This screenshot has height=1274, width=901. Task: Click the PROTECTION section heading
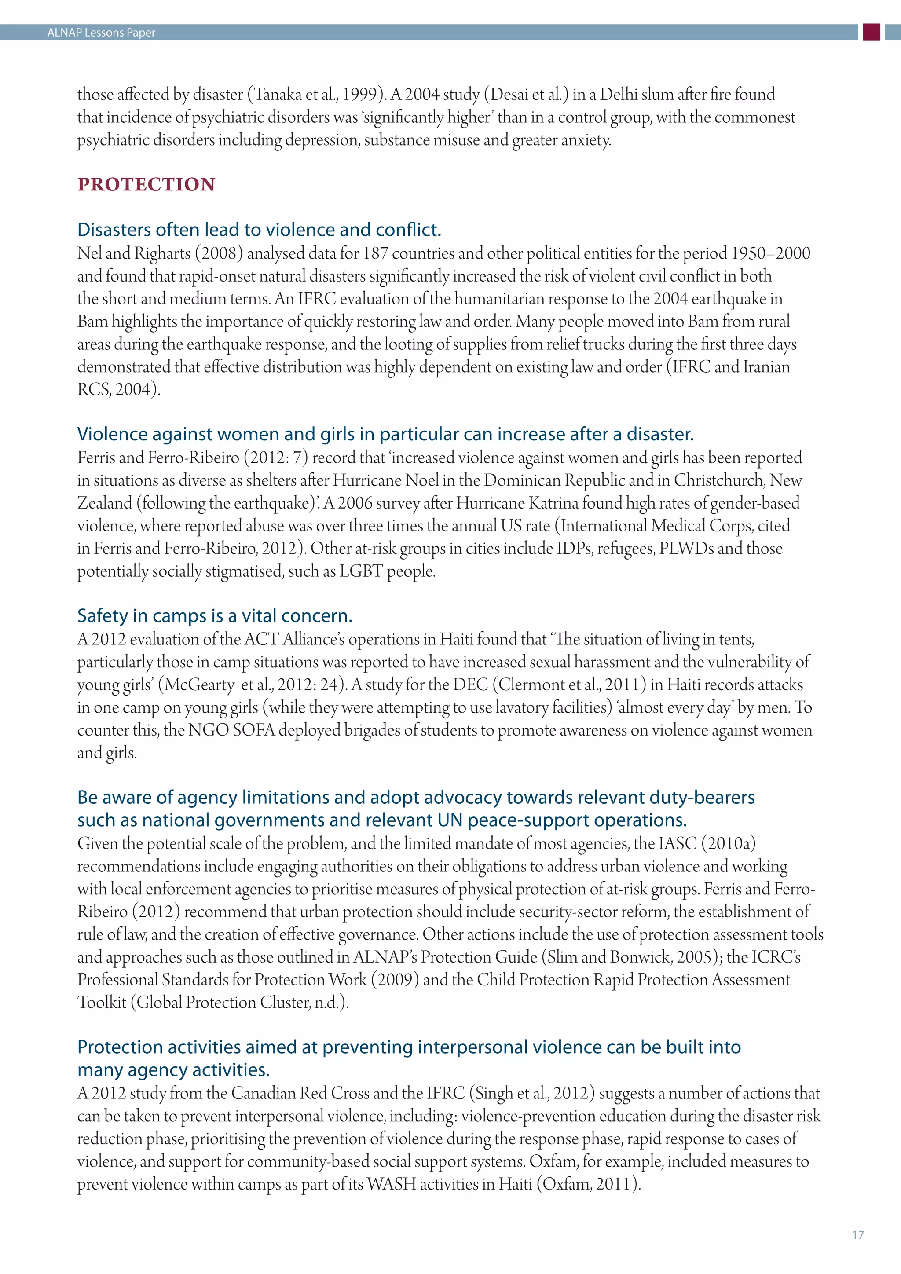(147, 184)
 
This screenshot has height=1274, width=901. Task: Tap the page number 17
(858, 1234)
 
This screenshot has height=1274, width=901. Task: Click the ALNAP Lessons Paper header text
(101, 33)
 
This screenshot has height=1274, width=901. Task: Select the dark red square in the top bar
(872, 32)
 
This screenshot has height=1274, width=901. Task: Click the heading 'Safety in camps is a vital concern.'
(215, 615)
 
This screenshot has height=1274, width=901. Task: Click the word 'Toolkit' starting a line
(102, 1002)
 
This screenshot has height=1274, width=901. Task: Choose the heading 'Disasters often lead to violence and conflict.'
(259, 230)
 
